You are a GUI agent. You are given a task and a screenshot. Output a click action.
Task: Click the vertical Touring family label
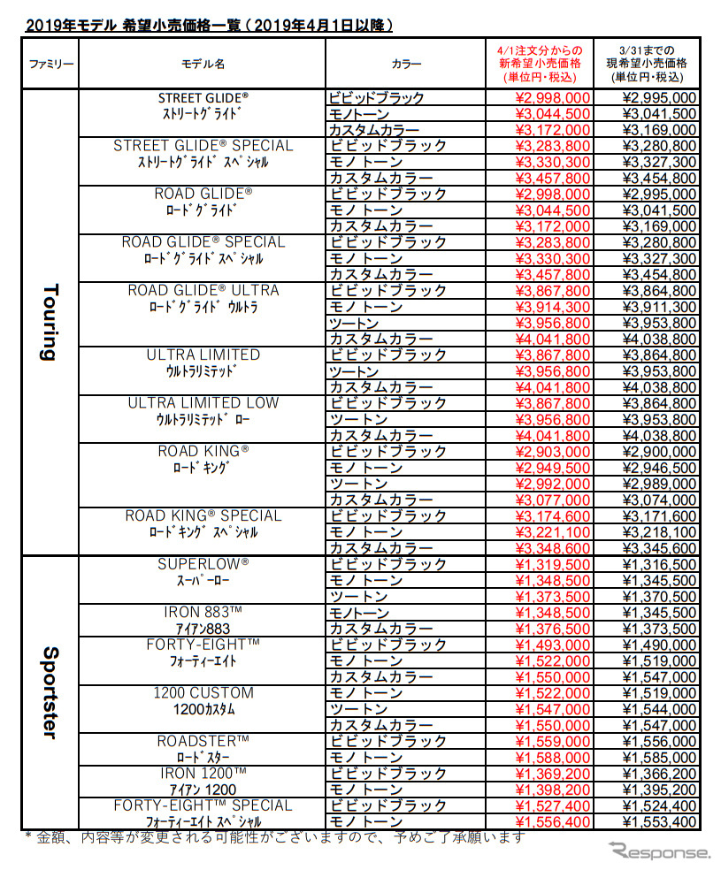[x=50, y=322]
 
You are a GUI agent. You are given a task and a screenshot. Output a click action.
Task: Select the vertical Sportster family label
[x=50, y=692]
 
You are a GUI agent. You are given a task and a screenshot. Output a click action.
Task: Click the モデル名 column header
[x=203, y=65]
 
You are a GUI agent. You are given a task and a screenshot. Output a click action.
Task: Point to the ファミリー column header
[x=51, y=65]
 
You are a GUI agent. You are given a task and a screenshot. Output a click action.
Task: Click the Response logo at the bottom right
[x=659, y=851]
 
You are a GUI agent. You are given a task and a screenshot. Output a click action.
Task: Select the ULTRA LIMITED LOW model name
[x=203, y=403]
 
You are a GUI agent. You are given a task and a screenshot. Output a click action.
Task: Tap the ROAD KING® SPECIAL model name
[x=203, y=516]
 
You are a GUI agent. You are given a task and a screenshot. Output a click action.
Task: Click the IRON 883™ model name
[x=203, y=613]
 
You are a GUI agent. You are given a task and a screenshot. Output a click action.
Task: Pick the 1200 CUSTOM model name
[x=203, y=693]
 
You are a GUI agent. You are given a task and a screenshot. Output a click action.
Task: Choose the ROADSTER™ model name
[x=203, y=741]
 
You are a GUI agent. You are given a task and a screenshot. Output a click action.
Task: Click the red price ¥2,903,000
[x=552, y=452]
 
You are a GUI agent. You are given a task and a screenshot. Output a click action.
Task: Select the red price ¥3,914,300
[x=552, y=307]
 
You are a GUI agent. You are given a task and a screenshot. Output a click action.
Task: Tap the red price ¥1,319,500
[x=552, y=564]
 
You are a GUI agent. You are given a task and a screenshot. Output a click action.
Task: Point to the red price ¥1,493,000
[x=552, y=645]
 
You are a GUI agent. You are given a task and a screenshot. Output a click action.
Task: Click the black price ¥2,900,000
[x=660, y=452]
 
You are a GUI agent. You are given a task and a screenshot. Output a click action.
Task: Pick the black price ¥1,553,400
[x=660, y=821]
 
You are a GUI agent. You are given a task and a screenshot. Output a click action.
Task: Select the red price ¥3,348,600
[x=552, y=548]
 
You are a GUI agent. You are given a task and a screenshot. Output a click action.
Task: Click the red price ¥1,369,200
[x=552, y=773]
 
